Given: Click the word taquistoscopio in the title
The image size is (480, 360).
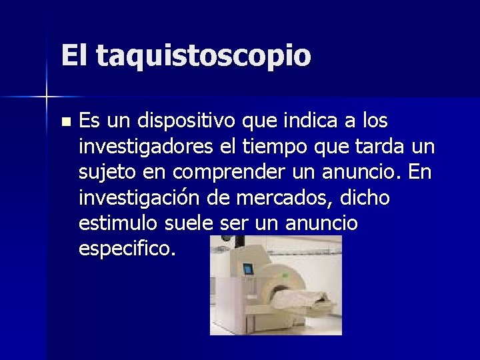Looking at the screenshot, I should coord(203,57).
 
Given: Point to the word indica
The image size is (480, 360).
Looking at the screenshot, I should coord(310,122).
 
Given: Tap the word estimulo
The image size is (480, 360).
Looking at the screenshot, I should coord(117,223).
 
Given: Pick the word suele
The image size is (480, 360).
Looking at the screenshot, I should coord(190,223).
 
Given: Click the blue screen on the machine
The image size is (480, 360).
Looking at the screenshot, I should coord(248,270).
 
